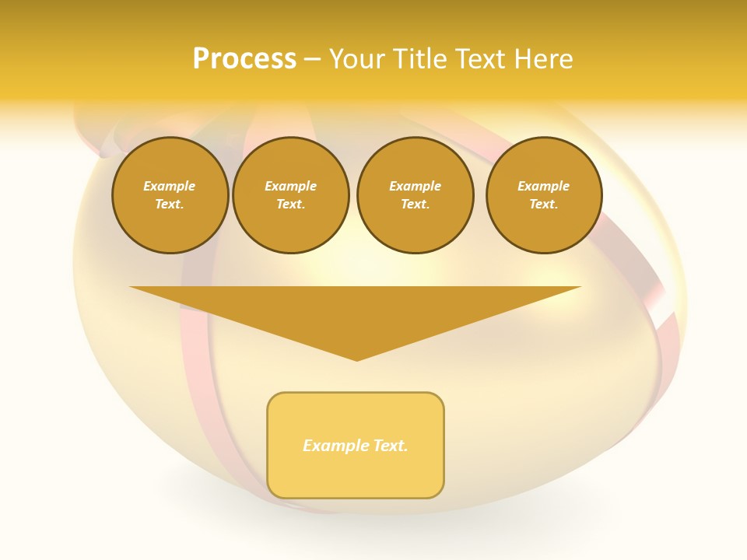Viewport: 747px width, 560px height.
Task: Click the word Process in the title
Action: point(244,59)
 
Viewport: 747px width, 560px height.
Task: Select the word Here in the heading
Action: point(544,59)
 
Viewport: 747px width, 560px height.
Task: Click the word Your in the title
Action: point(356,59)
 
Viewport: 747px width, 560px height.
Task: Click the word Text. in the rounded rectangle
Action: point(391,446)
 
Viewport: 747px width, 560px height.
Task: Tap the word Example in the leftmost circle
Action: point(170,186)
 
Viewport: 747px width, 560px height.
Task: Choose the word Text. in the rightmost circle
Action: point(543,204)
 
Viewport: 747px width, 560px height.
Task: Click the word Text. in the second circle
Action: point(290,204)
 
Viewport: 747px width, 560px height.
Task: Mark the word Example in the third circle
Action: point(415,186)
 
